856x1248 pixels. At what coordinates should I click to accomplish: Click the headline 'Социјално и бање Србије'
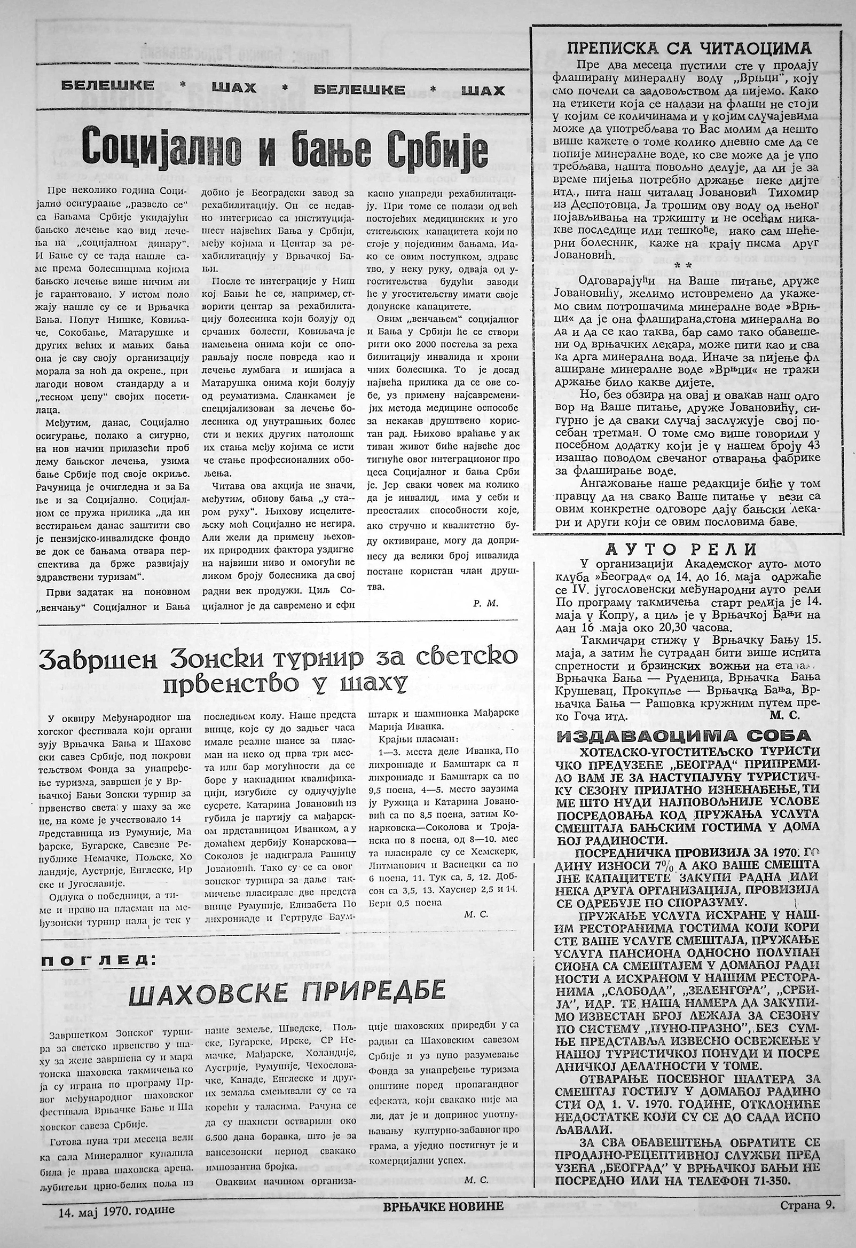(x=285, y=148)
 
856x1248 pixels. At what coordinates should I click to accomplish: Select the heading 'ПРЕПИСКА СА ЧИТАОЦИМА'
(x=685, y=49)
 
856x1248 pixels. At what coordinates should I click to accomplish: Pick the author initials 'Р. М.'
(x=486, y=603)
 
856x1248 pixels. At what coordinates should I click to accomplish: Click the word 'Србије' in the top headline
(x=437, y=148)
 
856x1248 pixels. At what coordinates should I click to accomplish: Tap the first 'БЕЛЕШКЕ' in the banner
(x=108, y=85)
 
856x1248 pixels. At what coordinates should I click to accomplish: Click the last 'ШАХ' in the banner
(x=483, y=90)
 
